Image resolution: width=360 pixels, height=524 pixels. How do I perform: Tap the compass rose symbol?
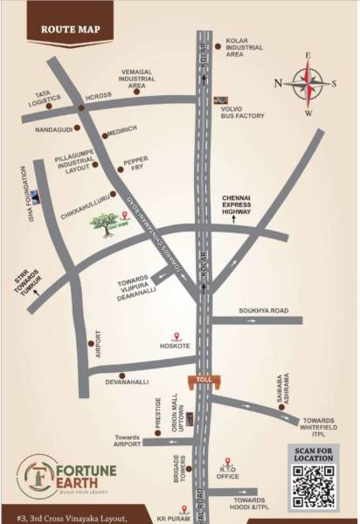point(308,84)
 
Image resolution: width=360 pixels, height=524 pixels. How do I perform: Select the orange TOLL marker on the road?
point(205,380)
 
